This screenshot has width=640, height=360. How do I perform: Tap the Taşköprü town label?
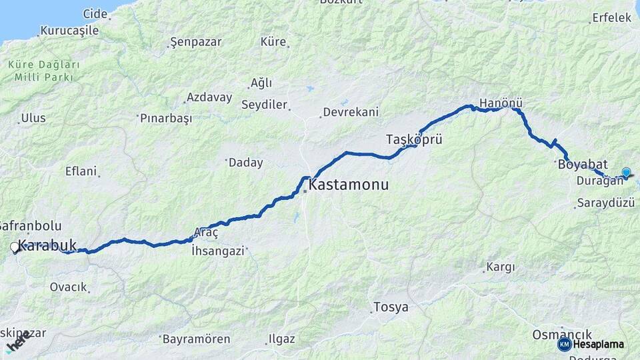click(414, 139)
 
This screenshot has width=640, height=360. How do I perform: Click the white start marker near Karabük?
click(15, 248)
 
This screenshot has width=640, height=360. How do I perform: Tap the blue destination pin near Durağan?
click(626, 173)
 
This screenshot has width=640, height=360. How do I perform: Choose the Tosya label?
click(392, 307)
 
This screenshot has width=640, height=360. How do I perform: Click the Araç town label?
click(205, 232)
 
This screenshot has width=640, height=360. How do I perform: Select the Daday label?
click(246, 162)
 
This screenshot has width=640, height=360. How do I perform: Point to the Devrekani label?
click(350, 112)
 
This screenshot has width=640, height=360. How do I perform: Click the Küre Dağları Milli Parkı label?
click(44, 71)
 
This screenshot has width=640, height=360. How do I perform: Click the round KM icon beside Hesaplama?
click(564, 344)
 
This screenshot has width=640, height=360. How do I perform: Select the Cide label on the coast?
click(95, 13)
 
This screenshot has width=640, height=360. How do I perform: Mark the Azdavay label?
click(209, 97)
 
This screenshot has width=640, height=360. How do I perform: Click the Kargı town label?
click(501, 267)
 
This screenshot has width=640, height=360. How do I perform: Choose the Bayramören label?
click(197, 339)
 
